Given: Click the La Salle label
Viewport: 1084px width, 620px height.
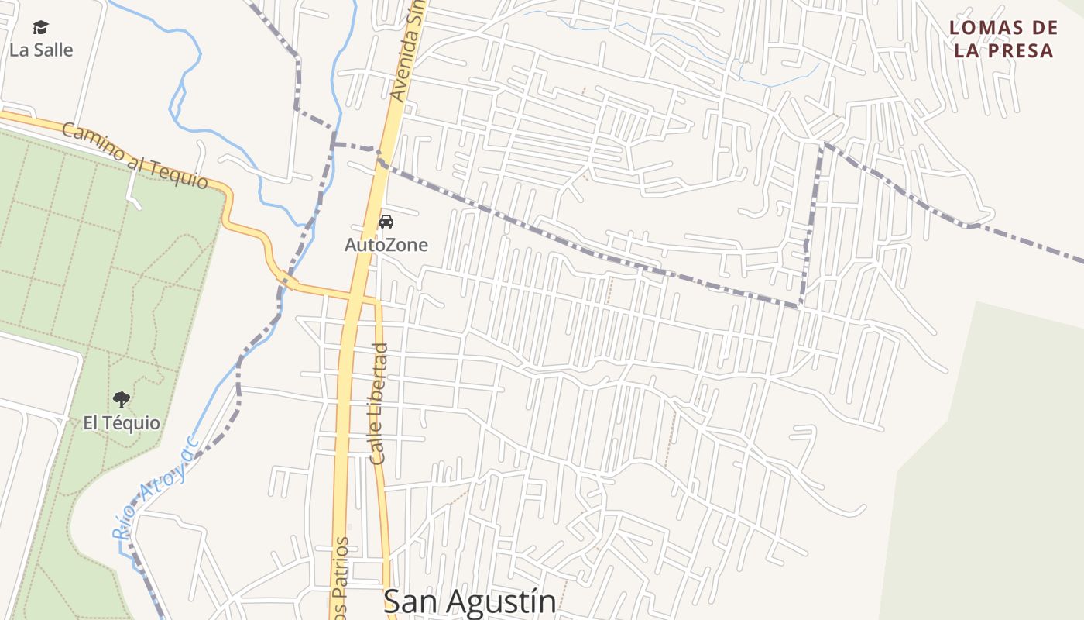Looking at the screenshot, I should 41,50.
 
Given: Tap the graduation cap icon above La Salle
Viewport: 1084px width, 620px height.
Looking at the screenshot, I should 41,28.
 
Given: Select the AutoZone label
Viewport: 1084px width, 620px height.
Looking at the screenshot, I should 386,245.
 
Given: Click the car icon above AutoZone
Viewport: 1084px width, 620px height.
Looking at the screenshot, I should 386,222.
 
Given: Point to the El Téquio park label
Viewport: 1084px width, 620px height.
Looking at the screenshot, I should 122,423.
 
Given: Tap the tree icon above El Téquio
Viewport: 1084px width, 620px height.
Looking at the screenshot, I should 121,400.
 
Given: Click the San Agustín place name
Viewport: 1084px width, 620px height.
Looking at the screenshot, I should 469,602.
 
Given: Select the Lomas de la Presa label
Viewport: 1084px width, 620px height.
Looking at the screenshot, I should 1003,40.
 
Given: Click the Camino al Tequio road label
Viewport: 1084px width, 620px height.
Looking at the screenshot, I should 135,155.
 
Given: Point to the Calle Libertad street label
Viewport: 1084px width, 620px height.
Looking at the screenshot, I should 379,403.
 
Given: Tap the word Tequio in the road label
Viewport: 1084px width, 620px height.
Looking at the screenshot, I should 179,174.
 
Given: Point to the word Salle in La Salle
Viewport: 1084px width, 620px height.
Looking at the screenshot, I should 52,50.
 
